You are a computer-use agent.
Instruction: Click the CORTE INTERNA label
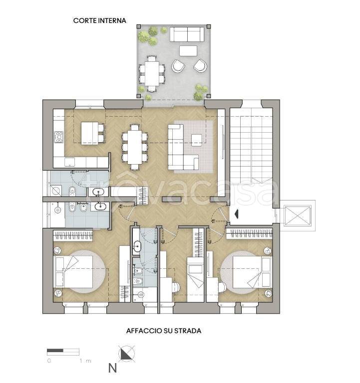point(99,20)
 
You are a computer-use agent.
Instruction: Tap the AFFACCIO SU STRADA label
point(164,331)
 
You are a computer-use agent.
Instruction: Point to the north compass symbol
point(126,354)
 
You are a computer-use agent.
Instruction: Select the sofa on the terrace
point(187,34)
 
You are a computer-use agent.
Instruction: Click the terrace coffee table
point(188,51)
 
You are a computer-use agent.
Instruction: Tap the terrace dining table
point(152,73)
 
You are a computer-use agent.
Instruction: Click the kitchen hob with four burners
point(59,137)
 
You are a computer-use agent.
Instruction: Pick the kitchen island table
point(90,133)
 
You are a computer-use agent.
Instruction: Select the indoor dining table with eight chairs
point(134,147)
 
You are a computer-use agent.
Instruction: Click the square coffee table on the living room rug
point(196,140)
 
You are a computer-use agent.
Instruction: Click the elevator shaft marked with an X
point(298,215)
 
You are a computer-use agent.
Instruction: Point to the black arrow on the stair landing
point(237,213)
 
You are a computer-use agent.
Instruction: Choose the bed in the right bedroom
point(252,272)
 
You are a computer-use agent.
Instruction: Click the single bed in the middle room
point(195,280)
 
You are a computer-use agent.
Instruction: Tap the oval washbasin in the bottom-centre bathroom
point(137,246)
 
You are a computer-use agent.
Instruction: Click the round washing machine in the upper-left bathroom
point(56,191)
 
